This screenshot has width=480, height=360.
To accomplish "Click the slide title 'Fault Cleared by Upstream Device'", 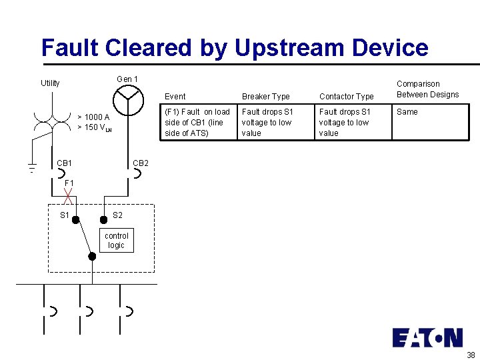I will click(235, 47).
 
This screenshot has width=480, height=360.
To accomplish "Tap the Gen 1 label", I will click(127, 79).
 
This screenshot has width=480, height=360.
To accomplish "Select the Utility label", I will click(50, 83).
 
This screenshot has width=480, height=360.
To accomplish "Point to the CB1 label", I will click(65, 163).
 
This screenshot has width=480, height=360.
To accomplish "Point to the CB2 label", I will click(141, 163).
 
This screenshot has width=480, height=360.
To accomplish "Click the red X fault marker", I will click(68, 194).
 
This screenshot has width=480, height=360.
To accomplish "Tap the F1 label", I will click(69, 183).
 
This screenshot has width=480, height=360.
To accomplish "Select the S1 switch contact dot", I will click(76, 219).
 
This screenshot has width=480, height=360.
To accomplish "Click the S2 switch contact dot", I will click(103, 219).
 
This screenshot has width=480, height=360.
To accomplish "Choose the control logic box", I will click(117, 241).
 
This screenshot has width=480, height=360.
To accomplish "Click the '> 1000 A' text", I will click(93, 117).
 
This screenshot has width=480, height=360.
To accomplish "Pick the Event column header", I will click(175, 97).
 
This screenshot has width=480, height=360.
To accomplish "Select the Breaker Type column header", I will click(265, 97).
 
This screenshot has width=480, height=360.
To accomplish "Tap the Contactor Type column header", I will click(346, 97).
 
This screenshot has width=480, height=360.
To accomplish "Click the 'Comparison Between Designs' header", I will click(427, 89).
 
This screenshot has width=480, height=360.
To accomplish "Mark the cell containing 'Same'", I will click(407, 112).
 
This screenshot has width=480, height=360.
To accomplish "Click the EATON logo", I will click(427, 337).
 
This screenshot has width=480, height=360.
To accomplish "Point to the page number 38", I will click(471, 354).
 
